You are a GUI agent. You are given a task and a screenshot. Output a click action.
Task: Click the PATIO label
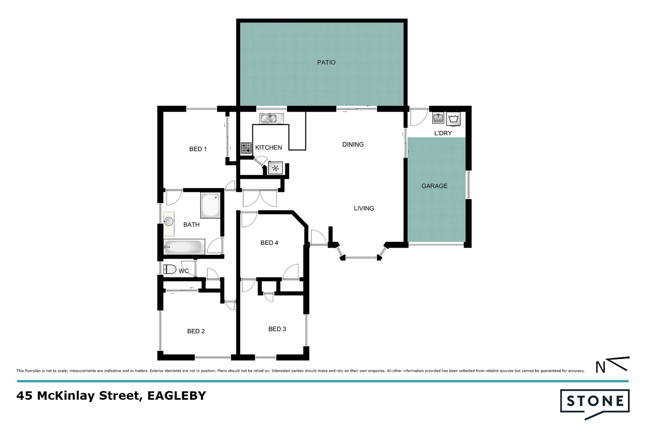[x=326, y=63]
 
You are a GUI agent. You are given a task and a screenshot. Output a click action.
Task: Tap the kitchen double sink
[x=271, y=118]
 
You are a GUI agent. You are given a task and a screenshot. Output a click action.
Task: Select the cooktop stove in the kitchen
[x=246, y=148]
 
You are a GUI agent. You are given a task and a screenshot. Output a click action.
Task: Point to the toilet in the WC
[x=170, y=270]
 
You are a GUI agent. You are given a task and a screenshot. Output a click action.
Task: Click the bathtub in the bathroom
[x=184, y=247]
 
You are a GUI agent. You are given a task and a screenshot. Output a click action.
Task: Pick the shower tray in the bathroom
[x=210, y=205]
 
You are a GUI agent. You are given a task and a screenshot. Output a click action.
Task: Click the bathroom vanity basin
[x=169, y=221]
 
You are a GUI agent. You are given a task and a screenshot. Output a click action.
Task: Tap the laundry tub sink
[x=438, y=119]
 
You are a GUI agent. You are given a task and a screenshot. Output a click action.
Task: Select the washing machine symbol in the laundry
[x=454, y=119]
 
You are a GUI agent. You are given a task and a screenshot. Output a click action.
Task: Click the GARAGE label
[x=435, y=186]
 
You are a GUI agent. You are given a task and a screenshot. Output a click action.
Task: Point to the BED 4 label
[x=269, y=243]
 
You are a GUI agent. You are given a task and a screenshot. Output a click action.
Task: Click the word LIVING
[x=364, y=208]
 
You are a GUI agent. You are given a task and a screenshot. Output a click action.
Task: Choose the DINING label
[x=353, y=145]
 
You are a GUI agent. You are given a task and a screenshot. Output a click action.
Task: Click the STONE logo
[x=595, y=401]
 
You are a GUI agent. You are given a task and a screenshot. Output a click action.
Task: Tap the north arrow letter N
[x=600, y=367]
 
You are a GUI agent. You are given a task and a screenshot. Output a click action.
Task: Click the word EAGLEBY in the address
[x=177, y=396]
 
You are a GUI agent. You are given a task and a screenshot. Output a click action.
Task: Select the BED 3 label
[x=277, y=329]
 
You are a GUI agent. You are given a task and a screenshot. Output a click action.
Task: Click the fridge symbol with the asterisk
[x=275, y=168]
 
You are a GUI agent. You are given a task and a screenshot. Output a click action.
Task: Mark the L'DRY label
[x=443, y=133]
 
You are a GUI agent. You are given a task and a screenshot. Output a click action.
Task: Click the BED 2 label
[x=196, y=331]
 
